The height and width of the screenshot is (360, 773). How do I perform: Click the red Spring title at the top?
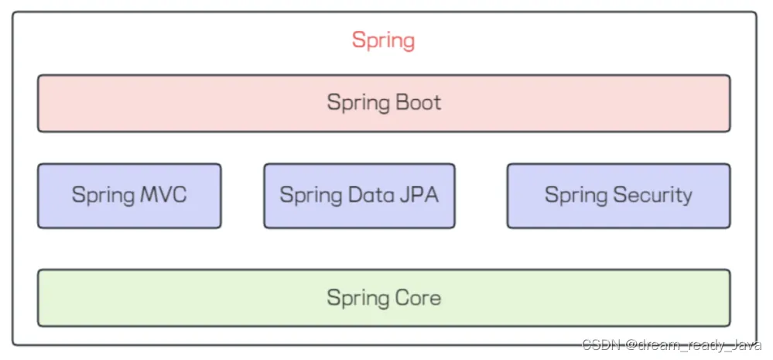[383, 41]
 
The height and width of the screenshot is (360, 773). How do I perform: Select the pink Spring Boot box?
[384, 103]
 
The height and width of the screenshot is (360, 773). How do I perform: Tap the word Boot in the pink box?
[419, 102]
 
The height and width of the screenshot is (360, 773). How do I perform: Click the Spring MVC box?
[129, 196]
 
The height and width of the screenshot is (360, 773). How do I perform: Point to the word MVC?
[164, 194]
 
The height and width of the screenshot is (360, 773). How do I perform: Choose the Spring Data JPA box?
[359, 196]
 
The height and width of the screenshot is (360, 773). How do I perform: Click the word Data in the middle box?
[370, 194]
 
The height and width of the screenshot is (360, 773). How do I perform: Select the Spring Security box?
[619, 196]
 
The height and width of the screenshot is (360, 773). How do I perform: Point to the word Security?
[653, 196]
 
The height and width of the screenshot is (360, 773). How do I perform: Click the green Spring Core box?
[384, 298]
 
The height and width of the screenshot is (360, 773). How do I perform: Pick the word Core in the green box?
[419, 297]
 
